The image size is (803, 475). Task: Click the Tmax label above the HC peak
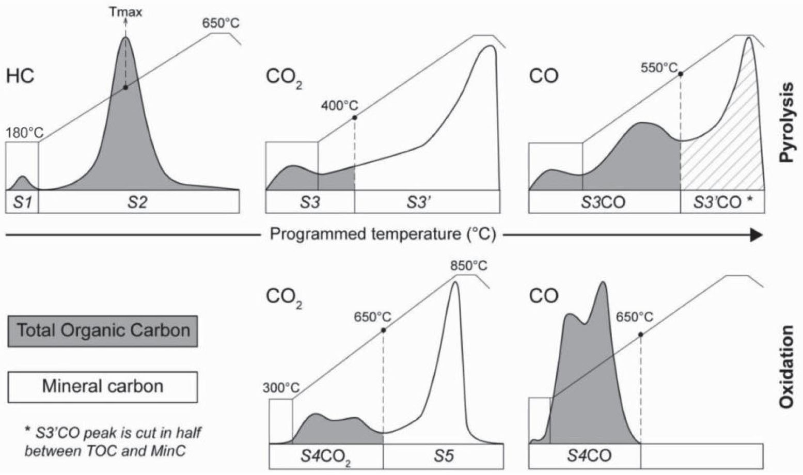pos(125,11)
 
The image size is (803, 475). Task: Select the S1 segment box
pos(22,202)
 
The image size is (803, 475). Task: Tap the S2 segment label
pos(138,202)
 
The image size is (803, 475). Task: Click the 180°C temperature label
pos(24,133)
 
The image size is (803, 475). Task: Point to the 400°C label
pos(339,106)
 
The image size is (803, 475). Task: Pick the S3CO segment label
pos(604,202)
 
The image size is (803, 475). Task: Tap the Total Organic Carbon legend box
pos(103,330)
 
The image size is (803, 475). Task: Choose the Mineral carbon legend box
pos(103,387)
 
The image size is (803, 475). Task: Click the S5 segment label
pos(443,456)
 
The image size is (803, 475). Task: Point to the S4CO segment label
pos(589,456)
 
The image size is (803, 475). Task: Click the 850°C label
pos(468,266)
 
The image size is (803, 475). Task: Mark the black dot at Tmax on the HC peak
pos(125,87)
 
